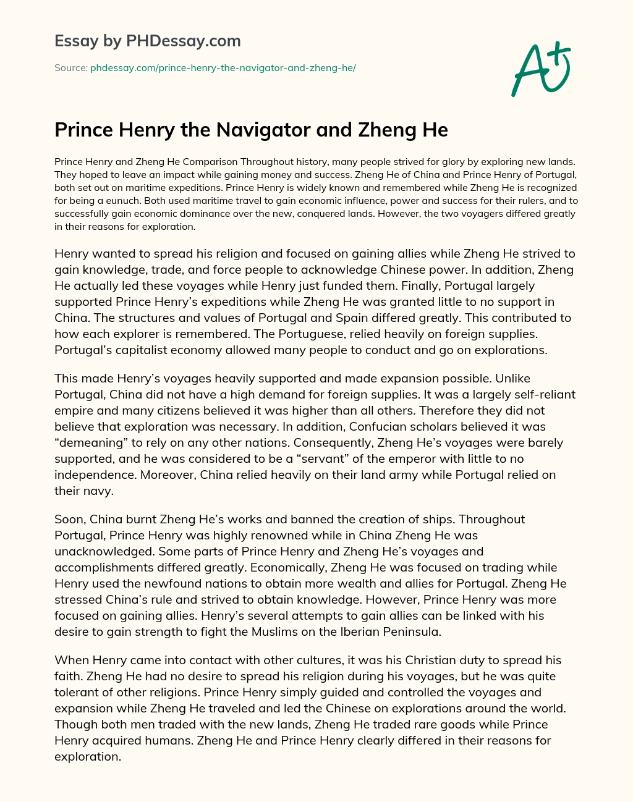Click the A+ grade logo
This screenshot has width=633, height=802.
pyautogui.click(x=540, y=68)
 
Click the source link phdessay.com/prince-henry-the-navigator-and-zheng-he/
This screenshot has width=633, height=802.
pyautogui.click(x=223, y=68)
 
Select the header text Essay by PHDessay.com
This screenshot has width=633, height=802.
pyautogui.click(x=147, y=41)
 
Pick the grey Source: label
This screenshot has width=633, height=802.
pyautogui.click(x=70, y=68)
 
